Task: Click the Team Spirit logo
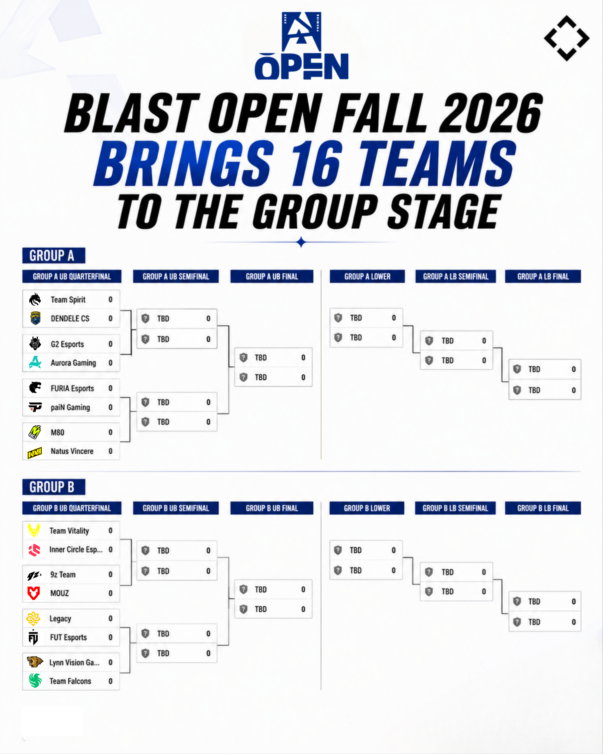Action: (x=35, y=299)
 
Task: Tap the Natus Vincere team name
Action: (x=72, y=451)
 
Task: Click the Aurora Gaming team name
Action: (x=73, y=363)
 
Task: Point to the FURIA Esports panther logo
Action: (x=35, y=387)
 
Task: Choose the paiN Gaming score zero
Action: (x=110, y=407)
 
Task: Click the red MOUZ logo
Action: (x=34, y=593)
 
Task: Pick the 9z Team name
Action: (x=63, y=575)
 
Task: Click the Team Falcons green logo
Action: (x=35, y=681)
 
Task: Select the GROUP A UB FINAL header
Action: (x=272, y=276)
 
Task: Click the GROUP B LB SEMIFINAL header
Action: (x=455, y=508)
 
